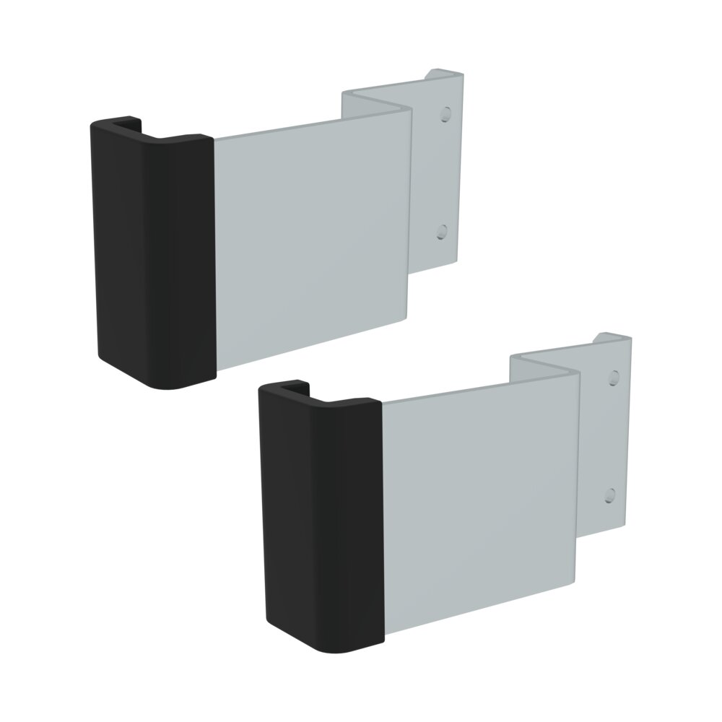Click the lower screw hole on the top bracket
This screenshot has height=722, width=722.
coord(442,232)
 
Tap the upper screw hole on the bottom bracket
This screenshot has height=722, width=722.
coord(614,377)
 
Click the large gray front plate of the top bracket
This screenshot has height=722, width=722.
coord(310,238)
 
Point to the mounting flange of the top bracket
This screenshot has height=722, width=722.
coord(437,173)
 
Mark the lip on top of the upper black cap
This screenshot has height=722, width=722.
coord(130,121)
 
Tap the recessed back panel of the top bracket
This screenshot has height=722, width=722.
coord(375,101)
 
